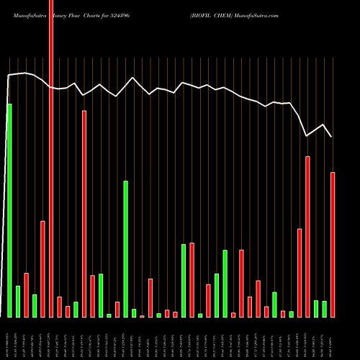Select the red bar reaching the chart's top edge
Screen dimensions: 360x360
(x=51, y=158)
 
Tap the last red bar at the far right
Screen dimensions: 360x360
(x=333, y=245)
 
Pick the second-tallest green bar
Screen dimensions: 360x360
(x=125, y=248)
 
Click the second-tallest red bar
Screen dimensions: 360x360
(x=84, y=214)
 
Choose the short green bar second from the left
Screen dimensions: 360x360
(x=18, y=302)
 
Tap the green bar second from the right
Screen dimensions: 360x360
(x=316, y=309)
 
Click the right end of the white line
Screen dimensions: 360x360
(x=332, y=136)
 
